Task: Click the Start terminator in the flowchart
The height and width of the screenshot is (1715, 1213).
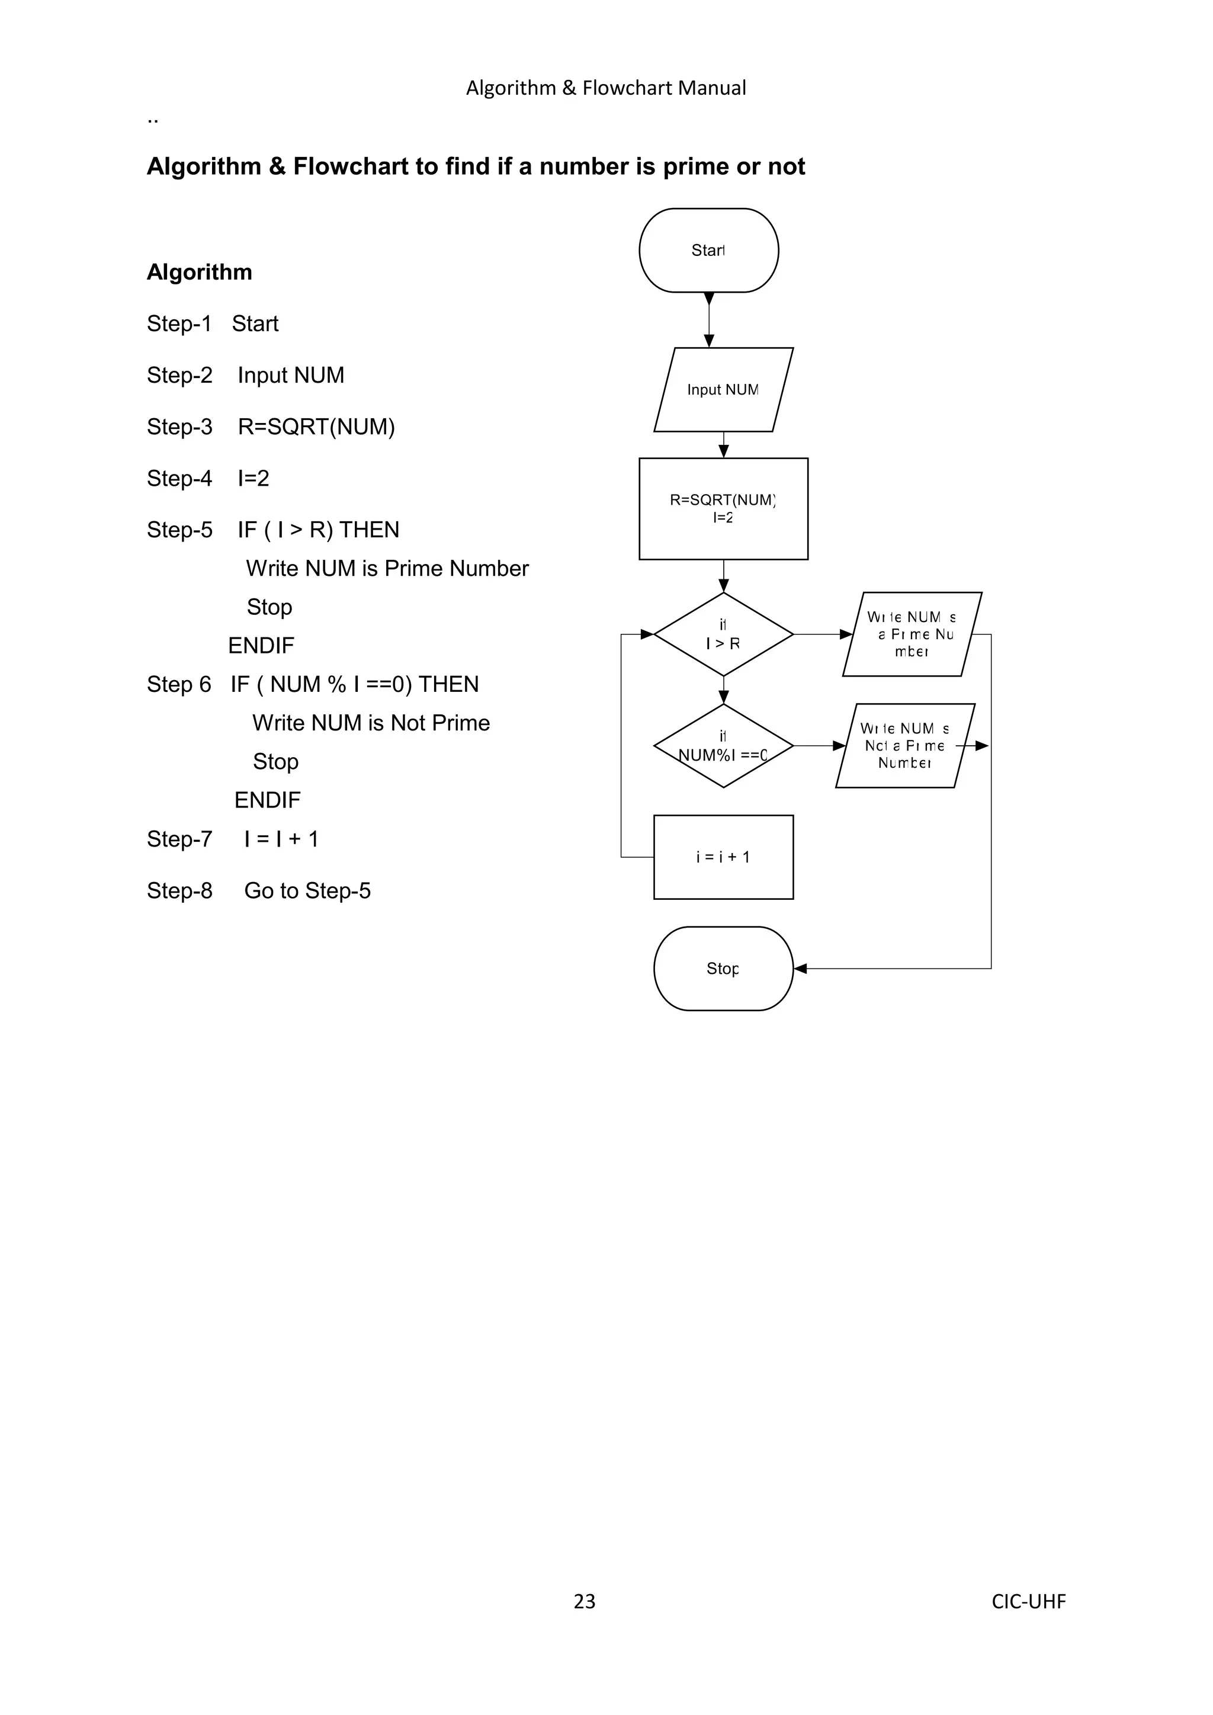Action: point(708,250)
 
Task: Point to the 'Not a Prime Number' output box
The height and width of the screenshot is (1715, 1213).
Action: point(904,745)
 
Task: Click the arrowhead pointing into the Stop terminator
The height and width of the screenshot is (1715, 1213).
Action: point(800,969)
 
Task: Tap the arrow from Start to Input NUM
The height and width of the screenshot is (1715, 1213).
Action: point(709,320)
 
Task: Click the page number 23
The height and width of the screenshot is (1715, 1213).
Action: point(584,1601)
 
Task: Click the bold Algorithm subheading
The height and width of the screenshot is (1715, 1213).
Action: point(200,272)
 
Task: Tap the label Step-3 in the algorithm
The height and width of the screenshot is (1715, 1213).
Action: point(179,427)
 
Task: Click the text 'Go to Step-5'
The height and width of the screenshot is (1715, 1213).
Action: point(307,890)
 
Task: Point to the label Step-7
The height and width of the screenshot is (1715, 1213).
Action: point(179,839)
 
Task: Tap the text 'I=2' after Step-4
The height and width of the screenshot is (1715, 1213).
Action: point(253,478)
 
